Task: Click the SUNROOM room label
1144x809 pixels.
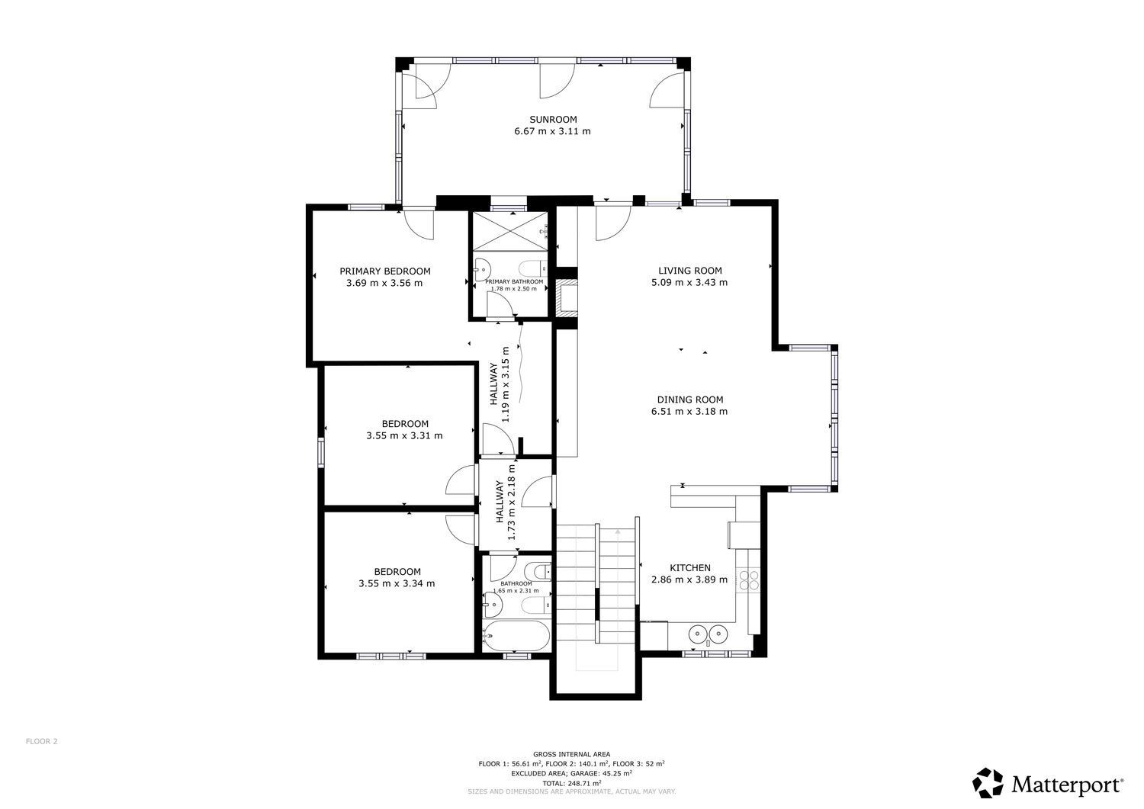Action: pyautogui.click(x=553, y=120)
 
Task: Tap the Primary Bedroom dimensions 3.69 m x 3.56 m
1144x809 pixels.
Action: pyautogui.click(x=384, y=283)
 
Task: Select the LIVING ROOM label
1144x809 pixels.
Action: pyautogui.click(x=690, y=271)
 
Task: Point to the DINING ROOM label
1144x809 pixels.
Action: pyautogui.click(x=690, y=400)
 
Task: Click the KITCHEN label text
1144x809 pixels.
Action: pyautogui.click(x=690, y=568)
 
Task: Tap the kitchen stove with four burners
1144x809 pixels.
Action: pyautogui.click(x=748, y=581)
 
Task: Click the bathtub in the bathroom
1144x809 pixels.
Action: pyautogui.click(x=516, y=636)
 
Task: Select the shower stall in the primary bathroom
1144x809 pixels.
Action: pyautogui.click(x=510, y=231)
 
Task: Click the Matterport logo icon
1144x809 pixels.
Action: pyautogui.click(x=988, y=783)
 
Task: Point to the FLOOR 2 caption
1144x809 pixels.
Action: pyautogui.click(x=42, y=741)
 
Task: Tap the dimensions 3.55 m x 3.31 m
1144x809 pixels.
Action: pyautogui.click(x=404, y=435)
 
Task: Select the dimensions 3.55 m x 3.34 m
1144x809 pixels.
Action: pyautogui.click(x=397, y=584)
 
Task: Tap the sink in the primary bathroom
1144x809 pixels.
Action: pyautogui.click(x=481, y=267)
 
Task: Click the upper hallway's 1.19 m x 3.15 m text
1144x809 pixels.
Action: pyautogui.click(x=506, y=384)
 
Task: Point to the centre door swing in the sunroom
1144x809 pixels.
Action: pyautogui.click(x=558, y=79)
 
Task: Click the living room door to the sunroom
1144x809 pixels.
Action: pyautogui.click(x=613, y=222)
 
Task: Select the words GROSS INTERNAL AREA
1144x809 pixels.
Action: pyautogui.click(x=571, y=754)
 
